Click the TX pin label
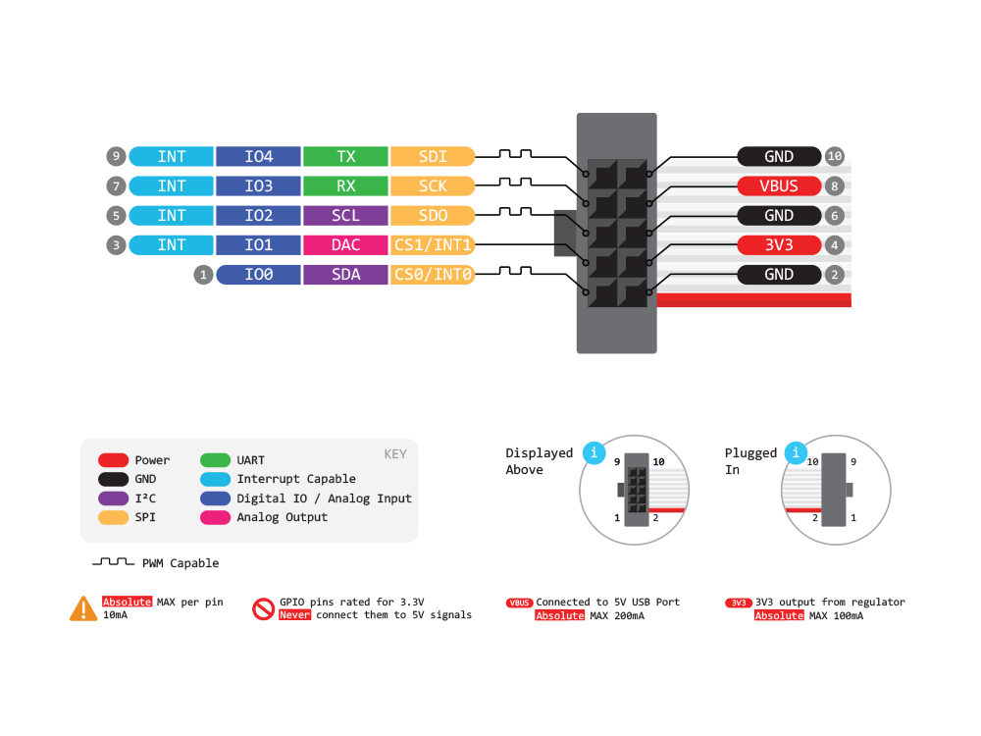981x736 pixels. click(345, 156)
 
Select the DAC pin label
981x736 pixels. click(345, 244)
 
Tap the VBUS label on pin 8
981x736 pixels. click(779, 185)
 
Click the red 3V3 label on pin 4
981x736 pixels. click(779, 244)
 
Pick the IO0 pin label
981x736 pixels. click(258, 275)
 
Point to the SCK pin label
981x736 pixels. click(433, 185)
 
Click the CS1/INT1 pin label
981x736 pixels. click(433, 244)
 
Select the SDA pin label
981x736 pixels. click(345, 275)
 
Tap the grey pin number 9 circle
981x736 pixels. click(117, 156)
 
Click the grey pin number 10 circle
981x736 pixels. click(835, 156)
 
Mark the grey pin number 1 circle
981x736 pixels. click(203, 275)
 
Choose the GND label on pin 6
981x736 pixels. click(779, 215)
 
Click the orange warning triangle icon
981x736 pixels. click(83, 609)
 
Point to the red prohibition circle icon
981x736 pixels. click(263, 609)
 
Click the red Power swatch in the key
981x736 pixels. click(114, 460)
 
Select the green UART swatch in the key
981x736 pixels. click(215, 460)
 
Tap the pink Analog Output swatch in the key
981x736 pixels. click(215, 517)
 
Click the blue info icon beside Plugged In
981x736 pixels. click(798, 453)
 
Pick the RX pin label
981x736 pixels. click(345, 185)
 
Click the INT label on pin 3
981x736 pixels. click(172, 244)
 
